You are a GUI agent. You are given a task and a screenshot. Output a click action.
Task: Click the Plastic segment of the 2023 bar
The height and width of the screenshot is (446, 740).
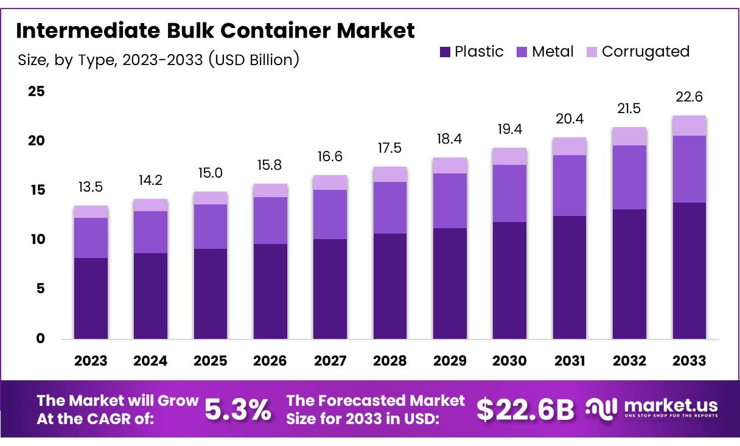tap(91, 298)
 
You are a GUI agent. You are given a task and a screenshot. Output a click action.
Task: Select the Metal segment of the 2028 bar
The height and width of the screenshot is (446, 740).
tap(390, 207)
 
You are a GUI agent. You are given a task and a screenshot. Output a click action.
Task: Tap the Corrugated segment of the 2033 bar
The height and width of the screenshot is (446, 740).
tap(689, 125)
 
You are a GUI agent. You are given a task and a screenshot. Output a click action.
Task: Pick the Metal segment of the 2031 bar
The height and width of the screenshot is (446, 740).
tap(570, 186)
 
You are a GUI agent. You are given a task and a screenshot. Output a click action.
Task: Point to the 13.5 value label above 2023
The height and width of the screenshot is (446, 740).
tap(91, 187)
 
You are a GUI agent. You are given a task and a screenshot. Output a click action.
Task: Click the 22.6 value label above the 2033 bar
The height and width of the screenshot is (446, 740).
tap(689, 97)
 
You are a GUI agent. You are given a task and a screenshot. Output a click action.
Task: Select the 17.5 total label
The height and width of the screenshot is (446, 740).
tap(390, 148)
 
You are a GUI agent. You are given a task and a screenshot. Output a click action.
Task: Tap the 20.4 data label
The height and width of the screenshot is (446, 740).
tap(570, 119)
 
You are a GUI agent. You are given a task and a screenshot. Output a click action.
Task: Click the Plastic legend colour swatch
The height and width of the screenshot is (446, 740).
tap(445, 52)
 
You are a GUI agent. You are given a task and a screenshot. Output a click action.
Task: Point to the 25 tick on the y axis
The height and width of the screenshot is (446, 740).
tap(36, 91)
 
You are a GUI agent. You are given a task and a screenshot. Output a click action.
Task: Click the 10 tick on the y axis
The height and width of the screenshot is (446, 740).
tap(36, 240)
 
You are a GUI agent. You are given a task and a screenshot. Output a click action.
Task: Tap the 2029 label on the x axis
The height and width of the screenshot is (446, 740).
tap(450, 361)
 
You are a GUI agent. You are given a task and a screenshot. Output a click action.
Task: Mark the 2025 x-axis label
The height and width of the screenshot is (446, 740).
tap(210, 361)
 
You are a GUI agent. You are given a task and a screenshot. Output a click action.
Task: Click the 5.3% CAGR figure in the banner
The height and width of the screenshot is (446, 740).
tap(238, 410)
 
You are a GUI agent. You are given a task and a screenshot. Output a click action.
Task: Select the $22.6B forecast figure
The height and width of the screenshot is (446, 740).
tap(525, 410)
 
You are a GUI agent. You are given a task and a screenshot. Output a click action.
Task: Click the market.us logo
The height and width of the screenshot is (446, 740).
tap(651, 408)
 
